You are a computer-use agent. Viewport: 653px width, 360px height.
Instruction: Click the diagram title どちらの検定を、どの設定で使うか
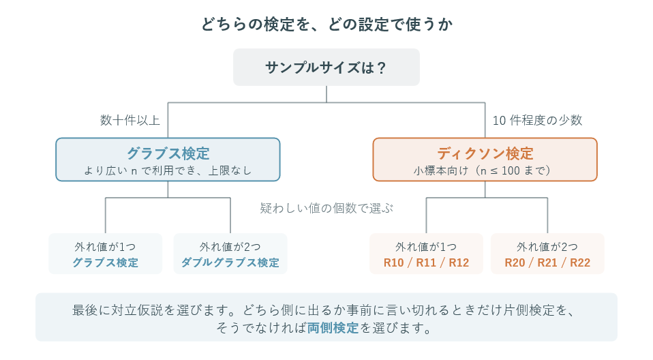326,24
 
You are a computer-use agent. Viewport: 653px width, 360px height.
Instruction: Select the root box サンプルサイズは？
326,67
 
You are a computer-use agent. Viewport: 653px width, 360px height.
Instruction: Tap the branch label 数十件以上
130,120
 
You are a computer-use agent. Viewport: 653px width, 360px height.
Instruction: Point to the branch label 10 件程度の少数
537,120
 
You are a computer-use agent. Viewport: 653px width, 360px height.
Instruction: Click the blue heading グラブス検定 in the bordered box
168,153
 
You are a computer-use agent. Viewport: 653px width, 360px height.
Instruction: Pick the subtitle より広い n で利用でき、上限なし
168,170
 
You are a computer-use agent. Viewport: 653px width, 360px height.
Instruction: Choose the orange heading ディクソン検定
485,153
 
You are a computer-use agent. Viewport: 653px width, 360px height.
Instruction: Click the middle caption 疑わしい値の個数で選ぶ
326,208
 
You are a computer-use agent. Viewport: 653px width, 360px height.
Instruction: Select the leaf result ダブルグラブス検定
230,262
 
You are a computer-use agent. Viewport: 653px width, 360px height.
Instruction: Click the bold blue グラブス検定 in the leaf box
106,262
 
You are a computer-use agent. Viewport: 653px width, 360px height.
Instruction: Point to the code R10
393,262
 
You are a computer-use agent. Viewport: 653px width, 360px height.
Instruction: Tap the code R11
426,262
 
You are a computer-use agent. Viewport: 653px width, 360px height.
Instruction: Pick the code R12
459,262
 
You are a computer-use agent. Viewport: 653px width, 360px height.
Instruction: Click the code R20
515,262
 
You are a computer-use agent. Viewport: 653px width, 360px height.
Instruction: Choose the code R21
547,262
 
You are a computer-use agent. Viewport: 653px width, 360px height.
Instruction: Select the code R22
580,262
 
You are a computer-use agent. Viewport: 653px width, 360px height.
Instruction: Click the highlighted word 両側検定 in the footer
333,328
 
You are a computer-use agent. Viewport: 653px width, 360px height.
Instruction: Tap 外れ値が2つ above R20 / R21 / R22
547,247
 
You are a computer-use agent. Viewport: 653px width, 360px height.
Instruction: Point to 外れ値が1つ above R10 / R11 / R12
426,247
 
